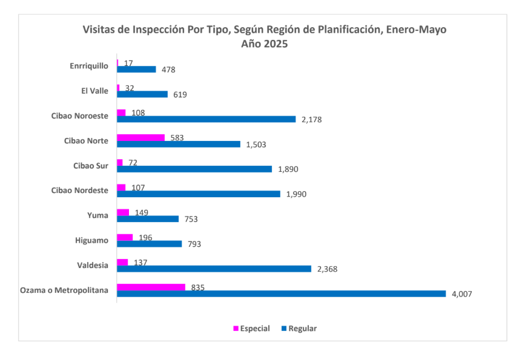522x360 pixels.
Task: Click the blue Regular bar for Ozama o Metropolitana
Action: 280,293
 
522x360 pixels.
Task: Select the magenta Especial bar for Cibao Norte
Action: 140,137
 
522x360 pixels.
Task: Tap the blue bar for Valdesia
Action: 214,269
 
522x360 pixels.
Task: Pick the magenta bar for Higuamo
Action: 125,237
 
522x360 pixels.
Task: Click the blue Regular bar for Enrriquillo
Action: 136,70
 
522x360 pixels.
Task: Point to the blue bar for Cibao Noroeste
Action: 206,119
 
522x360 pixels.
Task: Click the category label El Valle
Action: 94,91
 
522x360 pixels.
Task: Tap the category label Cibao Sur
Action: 90,165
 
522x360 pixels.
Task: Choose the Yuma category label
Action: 98,215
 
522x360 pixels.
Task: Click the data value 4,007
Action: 461,294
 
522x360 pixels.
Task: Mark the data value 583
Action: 177,138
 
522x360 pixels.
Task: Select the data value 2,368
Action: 327,269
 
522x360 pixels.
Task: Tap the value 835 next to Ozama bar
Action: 197,287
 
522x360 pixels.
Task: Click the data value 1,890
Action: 288,169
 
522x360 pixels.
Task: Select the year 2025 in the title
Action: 275,44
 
